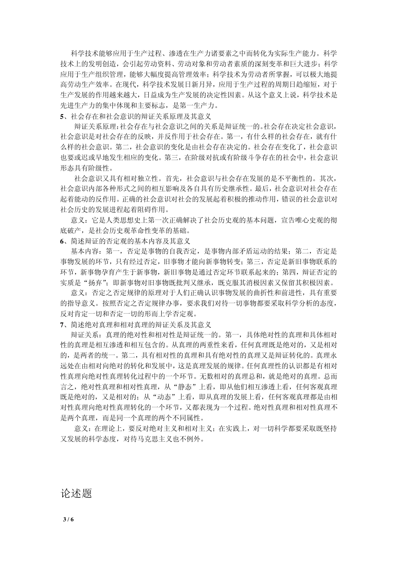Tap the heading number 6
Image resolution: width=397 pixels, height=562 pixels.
[x=62, y=241]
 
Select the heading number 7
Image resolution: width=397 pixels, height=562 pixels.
[x=62, y=324]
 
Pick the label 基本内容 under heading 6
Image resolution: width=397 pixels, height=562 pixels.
[x=85, y=251]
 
